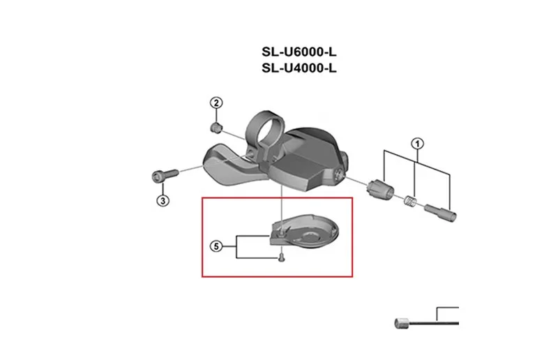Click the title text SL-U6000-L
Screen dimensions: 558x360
299,52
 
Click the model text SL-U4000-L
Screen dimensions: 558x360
299,68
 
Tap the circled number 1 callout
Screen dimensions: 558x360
417,144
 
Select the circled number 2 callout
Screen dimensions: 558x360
216,103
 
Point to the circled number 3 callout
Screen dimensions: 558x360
163,200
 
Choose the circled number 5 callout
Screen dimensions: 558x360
216,246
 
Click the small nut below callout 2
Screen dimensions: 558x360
216,127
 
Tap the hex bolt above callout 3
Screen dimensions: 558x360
165,176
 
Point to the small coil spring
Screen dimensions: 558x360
410,200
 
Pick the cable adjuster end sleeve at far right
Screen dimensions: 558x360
440,212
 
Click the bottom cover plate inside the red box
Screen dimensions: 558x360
303,233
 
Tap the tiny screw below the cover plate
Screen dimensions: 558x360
282,257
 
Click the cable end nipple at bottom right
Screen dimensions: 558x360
402,323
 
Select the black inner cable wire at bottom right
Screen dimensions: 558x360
434,323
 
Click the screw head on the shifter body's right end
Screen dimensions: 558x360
339,174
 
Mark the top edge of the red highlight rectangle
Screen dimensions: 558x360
277,198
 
